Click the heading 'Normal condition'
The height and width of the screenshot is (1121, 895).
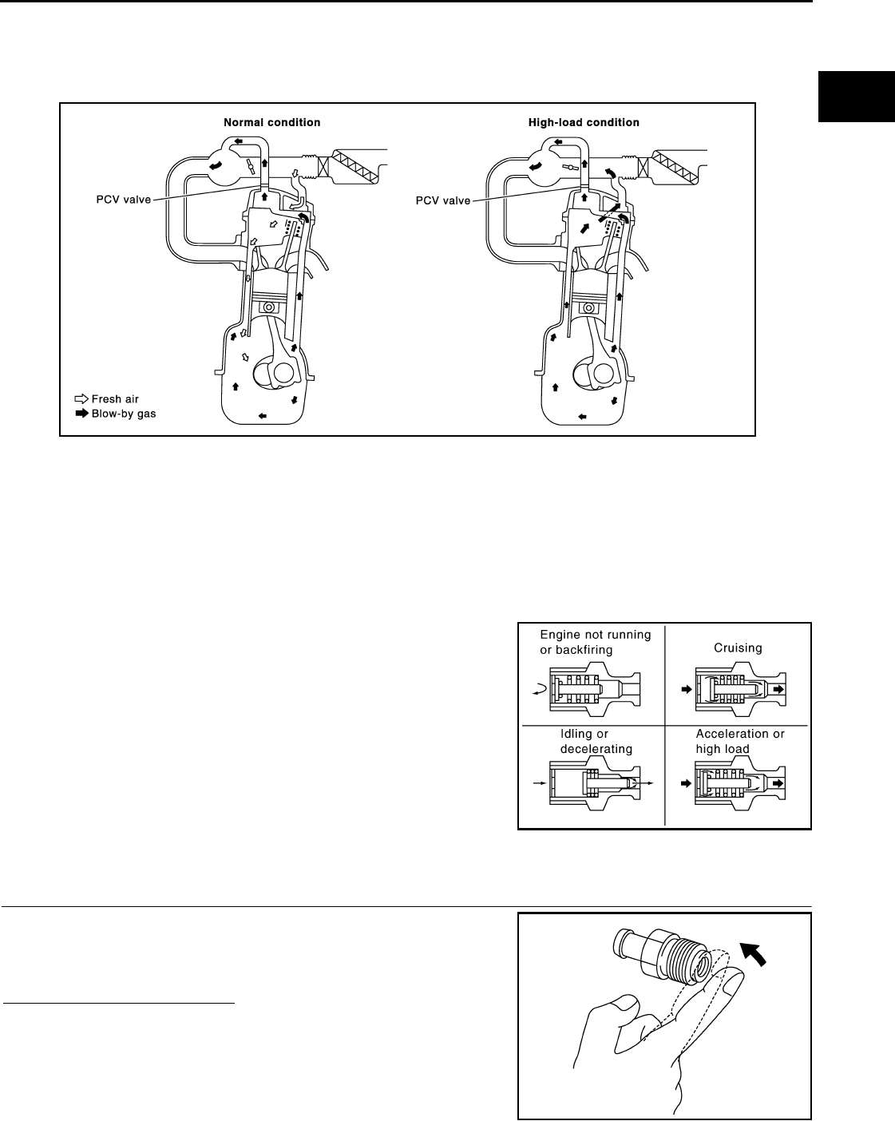(271, 123)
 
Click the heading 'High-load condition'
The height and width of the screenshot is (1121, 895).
(584, 123)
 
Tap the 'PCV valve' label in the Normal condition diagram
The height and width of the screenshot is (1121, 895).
(121, 200)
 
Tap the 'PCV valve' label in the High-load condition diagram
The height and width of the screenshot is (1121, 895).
(443, 200)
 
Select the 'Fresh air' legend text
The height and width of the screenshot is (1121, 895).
(115, 399)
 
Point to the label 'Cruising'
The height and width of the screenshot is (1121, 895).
(738, 648)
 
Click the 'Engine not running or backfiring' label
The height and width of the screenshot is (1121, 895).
(595, 642)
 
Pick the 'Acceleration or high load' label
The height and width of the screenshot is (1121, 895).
(739, 741)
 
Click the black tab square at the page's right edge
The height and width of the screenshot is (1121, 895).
(853, 97)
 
